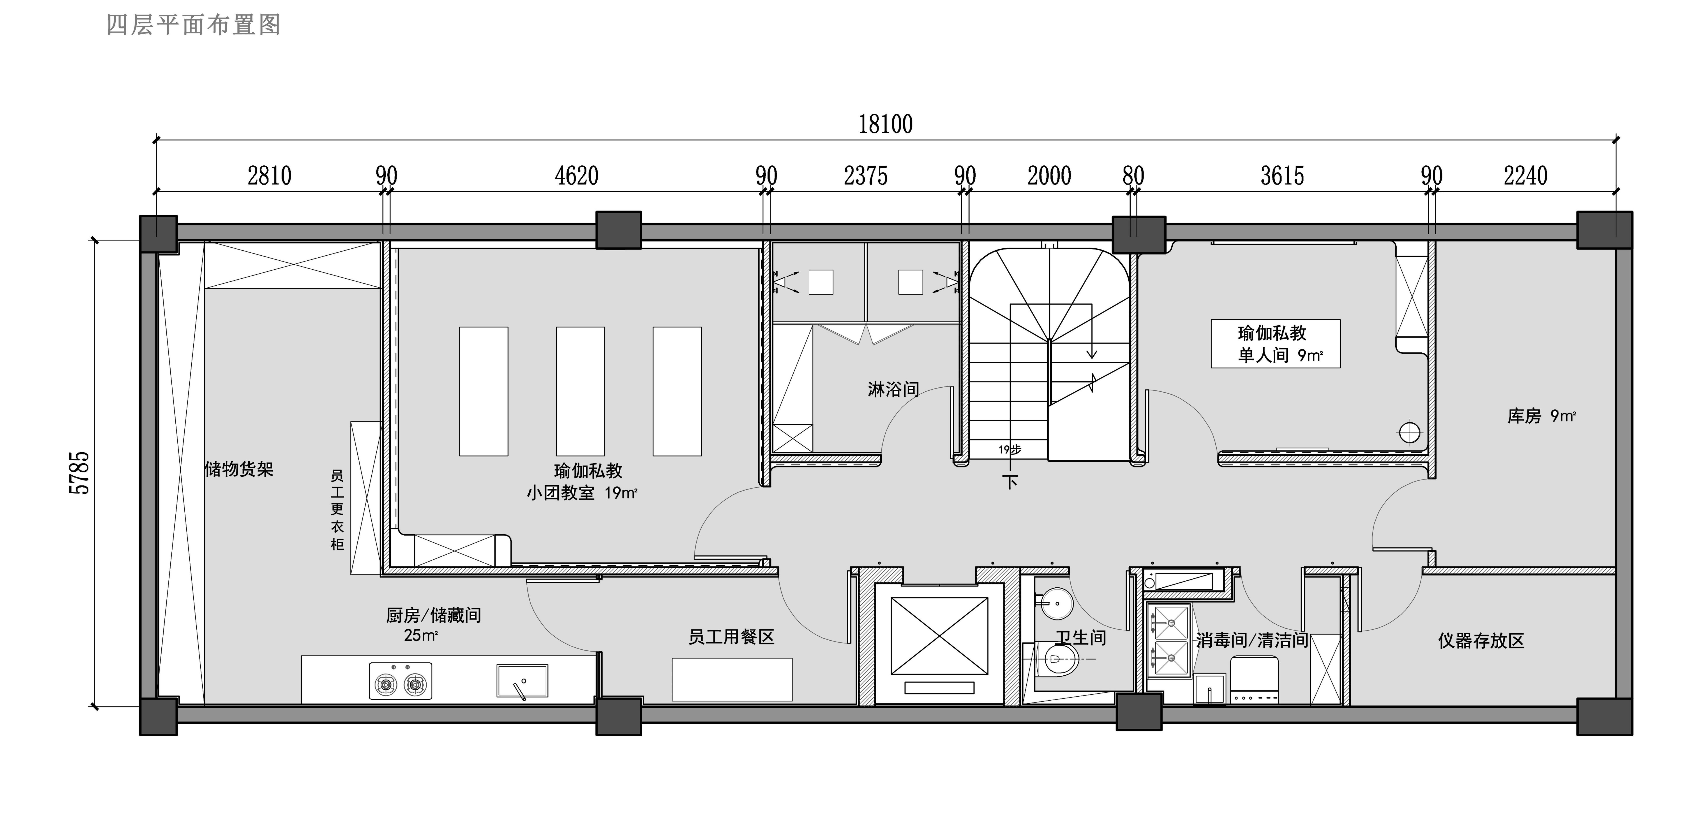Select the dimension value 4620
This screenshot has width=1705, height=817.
pyautogui.click(x=577, y=176)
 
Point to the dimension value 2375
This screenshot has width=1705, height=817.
pyautogui.click(x=866, y=176)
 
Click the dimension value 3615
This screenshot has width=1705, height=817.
pyautogui.click(x=1282, y=176)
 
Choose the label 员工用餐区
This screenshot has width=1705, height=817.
pyautogui.click(x=731, y=637)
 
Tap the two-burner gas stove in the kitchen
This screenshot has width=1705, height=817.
pyautogui.click(x=401, y=681)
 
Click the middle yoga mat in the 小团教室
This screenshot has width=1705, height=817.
pyautogui.click(x=581, y=391)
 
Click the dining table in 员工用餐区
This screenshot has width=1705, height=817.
pyautogui.click(x=732, y=679)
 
